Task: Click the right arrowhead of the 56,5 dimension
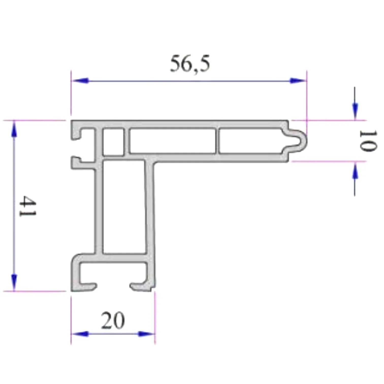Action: [x=298, y=81]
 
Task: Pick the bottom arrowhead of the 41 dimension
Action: [x=14, y=282]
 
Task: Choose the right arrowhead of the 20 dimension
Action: [x=146, y=334]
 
